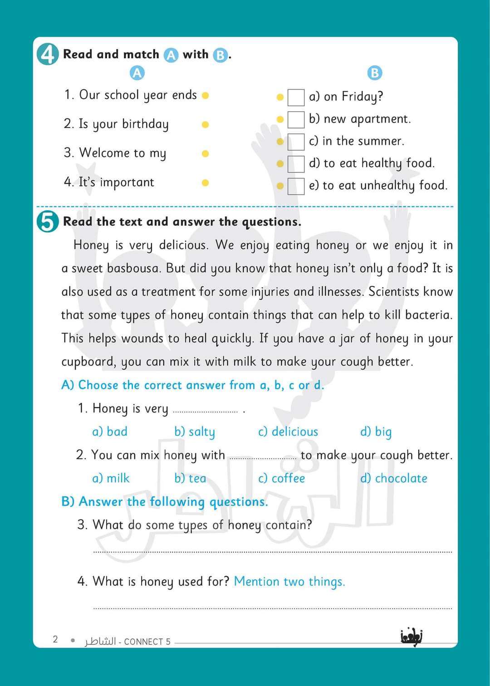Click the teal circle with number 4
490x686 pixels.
pyautogui.click(x=47, y=54)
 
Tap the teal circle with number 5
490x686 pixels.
pyautogui.click(x=47, y=222)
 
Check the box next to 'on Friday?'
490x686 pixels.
pyautogui.click(x=296, y=97)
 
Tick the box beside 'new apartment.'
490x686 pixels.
pyautogui.click(x=296, y=119)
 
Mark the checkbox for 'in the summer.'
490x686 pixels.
pyautogui.click(x=296, y=142)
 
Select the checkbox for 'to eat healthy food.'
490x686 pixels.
pyautogui.click(x=296, y=164)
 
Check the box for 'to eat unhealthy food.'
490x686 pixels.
pyautogui.click(x=296, y=186)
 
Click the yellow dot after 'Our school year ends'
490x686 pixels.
pyautogui.click(x=205, y=95)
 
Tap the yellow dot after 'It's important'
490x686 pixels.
pyautogui.click(x=205, y=183)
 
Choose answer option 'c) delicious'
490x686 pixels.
pyautogui.click(x=288, y=431)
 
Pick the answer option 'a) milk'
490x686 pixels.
pyautogui.click(x=111, y=478)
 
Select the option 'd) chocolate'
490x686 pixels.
pyautogui.click(x=393, y=478)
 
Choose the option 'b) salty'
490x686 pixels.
pyautogui.click(x=195, y=431)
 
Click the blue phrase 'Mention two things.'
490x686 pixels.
pyautogui.click(x=289, y=581)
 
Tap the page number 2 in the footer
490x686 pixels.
pyautogui.click(x=55, y=639)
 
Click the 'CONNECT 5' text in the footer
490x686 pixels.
pyautogui.click(x=147, y=642)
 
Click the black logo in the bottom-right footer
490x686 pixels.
pyautogui.click(x=412, y=637)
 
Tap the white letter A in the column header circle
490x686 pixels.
pyautogui.click(x=137, y=73)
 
